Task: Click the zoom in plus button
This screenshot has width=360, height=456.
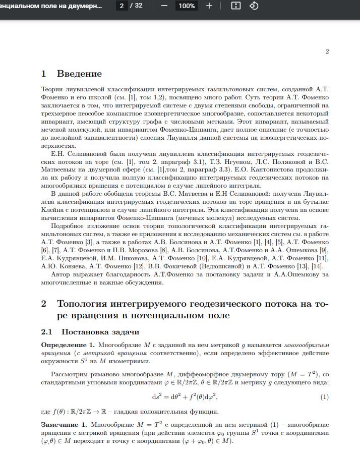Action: (x=209, y=6)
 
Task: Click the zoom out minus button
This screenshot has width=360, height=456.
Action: (x=164, y=6)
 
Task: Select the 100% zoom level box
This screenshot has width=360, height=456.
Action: (x=187, y=6)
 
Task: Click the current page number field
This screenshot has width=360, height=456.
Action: (x=121, y=6)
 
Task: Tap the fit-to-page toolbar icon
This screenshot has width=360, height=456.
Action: (x=236, y=6)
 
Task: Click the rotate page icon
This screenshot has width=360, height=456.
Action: (x=254, y=6)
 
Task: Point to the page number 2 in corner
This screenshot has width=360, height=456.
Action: (x=327, y=51)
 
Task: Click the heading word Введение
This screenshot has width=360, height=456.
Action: (x=79, y=74)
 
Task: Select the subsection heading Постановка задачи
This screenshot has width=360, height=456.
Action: (x=100, y=332)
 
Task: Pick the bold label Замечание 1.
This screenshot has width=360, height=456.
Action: (x=64, y=425)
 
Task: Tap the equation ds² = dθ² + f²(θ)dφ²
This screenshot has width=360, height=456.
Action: (x=184, y=397)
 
